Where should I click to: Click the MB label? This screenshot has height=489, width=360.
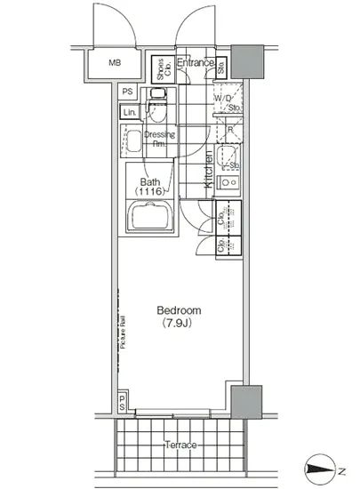pos(115,63)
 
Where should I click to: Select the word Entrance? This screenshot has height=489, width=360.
pos(195,62)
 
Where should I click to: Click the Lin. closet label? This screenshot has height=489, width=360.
pos(130,112)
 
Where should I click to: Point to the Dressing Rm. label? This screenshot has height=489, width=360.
pos(160,138)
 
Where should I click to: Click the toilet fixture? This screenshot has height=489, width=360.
pos(159,99)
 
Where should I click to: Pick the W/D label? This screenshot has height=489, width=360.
pos(228,99)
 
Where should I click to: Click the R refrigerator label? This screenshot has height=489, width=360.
pos(229,129)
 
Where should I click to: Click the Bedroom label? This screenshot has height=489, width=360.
pos(179,310)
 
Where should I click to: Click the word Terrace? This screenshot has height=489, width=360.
pos(180,444)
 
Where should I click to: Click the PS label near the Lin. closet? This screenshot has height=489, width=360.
pos(127,91)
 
